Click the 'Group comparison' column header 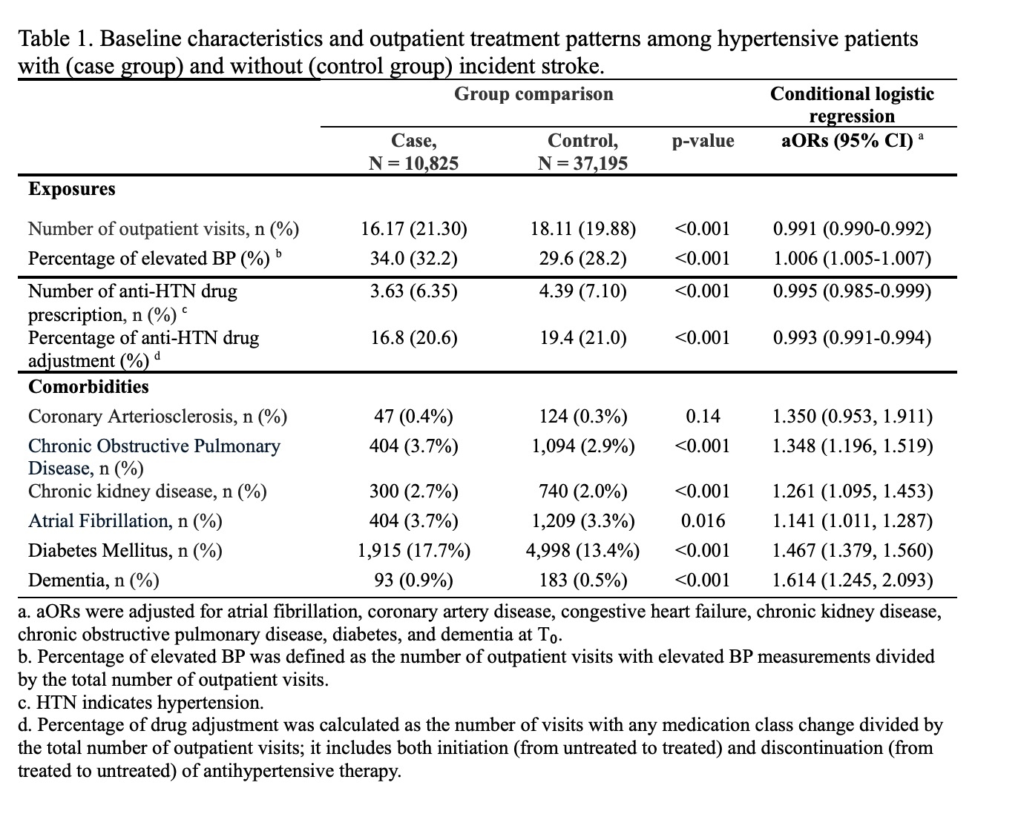534,94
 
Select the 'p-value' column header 703,141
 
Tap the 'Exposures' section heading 72,189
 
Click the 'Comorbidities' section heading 88,386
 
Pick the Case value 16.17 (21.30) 414,228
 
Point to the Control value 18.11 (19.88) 582,228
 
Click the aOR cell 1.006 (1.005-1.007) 852,258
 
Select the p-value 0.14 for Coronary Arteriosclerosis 703,416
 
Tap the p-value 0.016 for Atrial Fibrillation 703,520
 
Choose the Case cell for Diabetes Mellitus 414,550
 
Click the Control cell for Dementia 582,580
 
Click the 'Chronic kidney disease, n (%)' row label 148,491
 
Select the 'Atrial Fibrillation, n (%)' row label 125,520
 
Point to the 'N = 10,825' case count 414,163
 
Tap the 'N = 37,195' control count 582,163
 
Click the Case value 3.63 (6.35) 414,291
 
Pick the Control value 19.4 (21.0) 582,338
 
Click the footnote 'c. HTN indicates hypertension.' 141,702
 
